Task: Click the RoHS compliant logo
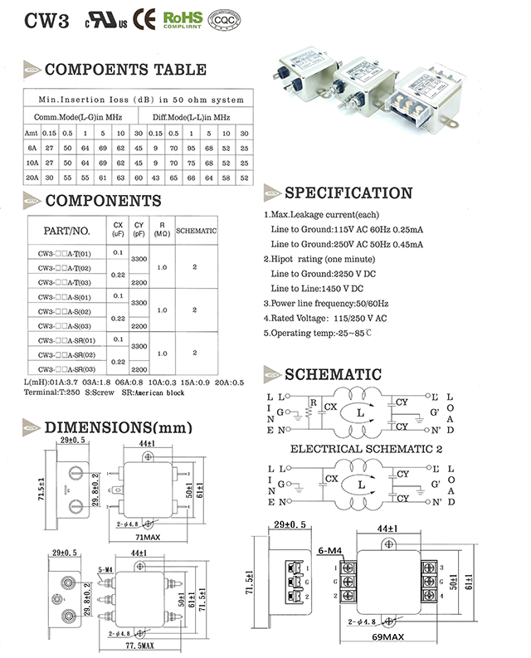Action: pyautogui.click(x=183, y=18)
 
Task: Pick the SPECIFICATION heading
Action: pyautogui.click(x=348, y=193)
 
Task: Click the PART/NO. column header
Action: pyautogui.click(x=66, y=230)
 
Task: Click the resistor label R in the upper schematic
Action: pyautogui.click(x=313, y=404)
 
